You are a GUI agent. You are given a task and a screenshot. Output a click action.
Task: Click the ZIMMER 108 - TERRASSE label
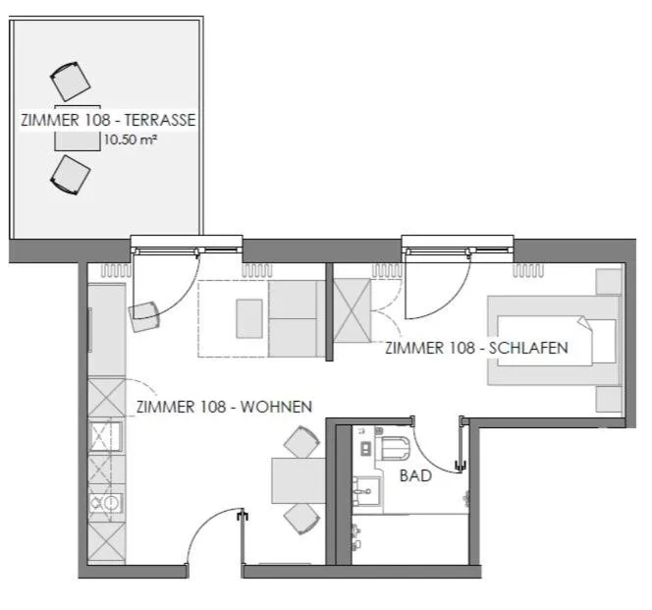click(x=108, y=121)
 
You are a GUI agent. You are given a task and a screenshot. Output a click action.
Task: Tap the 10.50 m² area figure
click(x=132, y=140)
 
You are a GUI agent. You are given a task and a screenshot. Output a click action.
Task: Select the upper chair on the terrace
click(x=70, y=80)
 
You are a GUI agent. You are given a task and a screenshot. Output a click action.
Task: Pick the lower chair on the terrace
click(x=71, y=174)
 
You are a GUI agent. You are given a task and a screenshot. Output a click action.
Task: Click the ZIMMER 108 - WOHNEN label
click(x=224, y=406)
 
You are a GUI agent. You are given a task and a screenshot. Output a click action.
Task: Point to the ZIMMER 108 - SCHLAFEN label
click(x=476, y=348)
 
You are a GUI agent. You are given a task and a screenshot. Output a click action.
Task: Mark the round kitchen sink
click(x=110, y=504)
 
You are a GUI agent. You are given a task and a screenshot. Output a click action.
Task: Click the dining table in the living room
click(x=298, y=481)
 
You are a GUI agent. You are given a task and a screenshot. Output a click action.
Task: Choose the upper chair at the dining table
click(x=301, y=444)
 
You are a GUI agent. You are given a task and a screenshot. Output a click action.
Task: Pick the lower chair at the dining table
click(x=301, y=518)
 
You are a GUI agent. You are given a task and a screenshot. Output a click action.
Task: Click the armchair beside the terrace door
click(x=144, y=315)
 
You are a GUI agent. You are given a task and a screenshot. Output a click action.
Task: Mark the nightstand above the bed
click(x=609, y=281)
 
